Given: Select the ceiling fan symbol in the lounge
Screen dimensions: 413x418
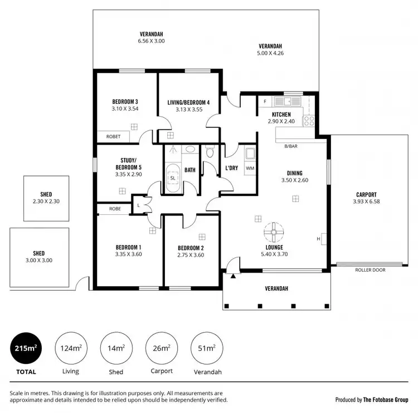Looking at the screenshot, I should tap(274, 230).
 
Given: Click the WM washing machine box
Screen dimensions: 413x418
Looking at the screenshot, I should tap(250, 167).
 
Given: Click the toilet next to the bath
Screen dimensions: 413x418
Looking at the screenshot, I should tap(210, 151).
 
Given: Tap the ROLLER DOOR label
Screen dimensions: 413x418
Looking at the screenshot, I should tap(370, 270).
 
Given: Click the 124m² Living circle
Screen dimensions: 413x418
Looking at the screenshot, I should tap(71, 349).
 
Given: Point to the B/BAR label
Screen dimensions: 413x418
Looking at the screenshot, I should tap(291, 146).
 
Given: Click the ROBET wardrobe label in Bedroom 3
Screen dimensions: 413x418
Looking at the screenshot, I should tap(113, 136).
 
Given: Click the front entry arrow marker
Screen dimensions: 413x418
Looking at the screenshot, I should tap(234, 275).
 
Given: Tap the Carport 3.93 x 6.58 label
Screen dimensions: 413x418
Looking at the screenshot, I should tap(366, 198).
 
